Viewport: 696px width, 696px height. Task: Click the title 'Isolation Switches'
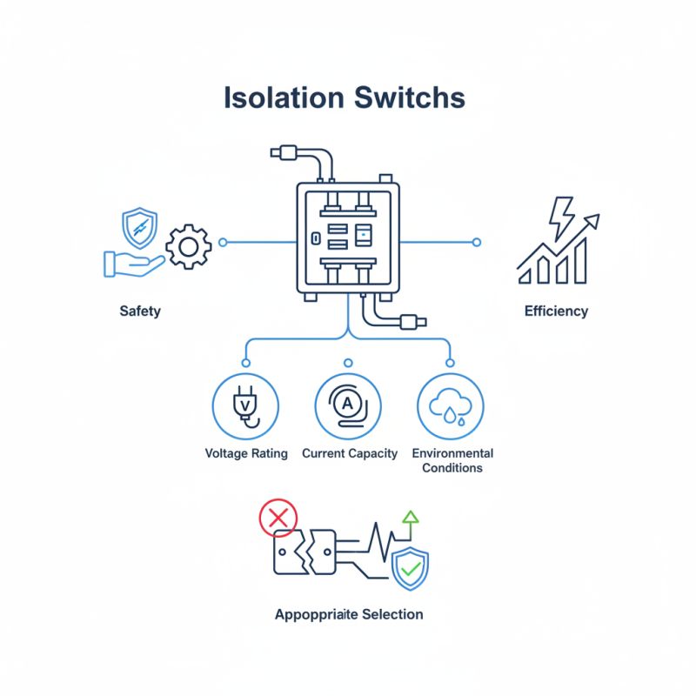pos(345,97)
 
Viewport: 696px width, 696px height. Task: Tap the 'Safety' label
pos(140,311)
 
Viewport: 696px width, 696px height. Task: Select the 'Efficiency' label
pos(556,311)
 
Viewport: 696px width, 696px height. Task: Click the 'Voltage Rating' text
pos(246,453)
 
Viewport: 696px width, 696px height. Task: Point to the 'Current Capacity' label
pos(350,453)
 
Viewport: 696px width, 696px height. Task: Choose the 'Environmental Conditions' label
pos(452,460)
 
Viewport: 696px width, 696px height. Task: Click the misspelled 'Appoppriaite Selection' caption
pos(349,614)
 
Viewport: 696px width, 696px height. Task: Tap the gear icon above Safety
pos(187,247)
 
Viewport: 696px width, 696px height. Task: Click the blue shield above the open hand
pos(140,228)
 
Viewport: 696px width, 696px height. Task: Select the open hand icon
pos(130,264)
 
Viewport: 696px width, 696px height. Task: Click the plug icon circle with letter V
pos(245,406)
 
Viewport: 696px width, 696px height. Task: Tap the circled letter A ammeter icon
pos(348,406)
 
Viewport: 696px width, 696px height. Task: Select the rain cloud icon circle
pos(451,406)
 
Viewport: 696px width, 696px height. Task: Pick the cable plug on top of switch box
pos(285,154)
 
